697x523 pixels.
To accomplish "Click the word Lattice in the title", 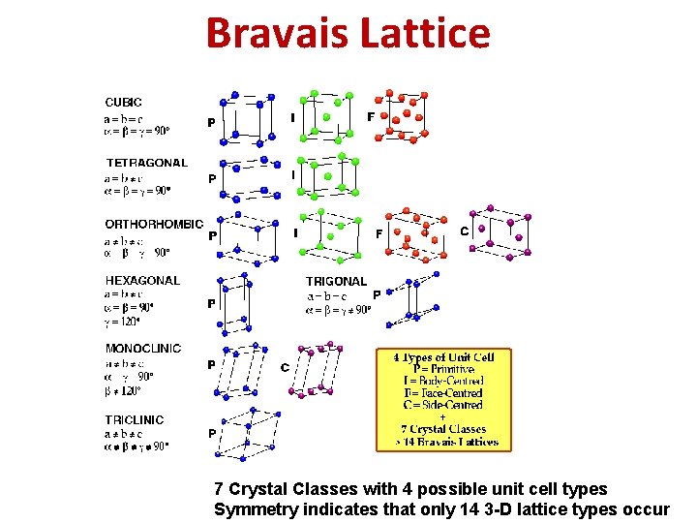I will click(425, 33).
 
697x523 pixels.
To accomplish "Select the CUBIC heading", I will click(123, 102).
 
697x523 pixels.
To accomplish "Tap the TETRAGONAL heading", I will click(146, 163).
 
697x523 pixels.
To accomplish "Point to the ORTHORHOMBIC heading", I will click(154, 224).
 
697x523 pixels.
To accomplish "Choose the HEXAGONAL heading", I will click(142, 281).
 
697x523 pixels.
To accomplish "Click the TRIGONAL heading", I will click(336, 282).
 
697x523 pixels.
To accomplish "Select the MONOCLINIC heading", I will click(143, 349).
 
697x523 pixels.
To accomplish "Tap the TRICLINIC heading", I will click(135, 419).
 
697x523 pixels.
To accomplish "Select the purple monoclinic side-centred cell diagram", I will click(322, 369).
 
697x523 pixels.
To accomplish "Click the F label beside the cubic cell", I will click(371, 117).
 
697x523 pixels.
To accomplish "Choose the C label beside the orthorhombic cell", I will click(464, 231).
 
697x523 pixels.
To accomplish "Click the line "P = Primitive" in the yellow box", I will click(443, 369).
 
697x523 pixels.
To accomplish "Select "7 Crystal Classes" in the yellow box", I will click(443, 429).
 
